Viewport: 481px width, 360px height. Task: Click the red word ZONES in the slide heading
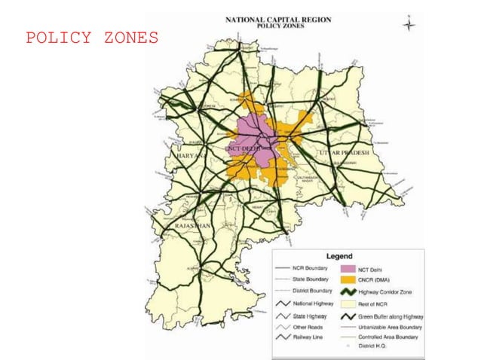click(128, 38)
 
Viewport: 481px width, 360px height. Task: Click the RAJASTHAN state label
click(193, 225)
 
